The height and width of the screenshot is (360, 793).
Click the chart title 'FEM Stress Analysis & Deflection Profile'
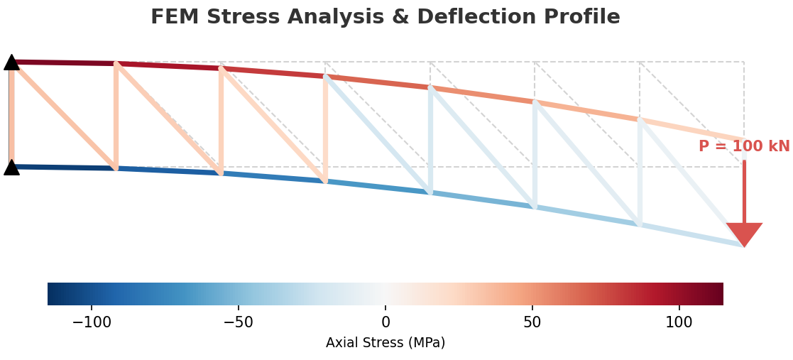coord(385,17)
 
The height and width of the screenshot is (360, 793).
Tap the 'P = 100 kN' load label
coord(743,146)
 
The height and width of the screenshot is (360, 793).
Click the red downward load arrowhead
coord(744,234)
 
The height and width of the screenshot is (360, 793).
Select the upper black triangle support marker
coord(11,62)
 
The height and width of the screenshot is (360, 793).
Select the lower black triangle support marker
coord(11,168)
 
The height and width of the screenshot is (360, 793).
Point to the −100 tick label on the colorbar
coord(92,322)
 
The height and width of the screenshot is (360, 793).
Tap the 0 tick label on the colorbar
coord(385,322)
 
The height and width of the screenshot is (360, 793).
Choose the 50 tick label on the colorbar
coord(532,322)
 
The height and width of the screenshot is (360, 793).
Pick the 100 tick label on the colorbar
coord(679,322)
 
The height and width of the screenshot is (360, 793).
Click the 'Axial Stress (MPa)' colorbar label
coord(385,343)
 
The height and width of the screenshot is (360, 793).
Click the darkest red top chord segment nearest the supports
coord(64,62)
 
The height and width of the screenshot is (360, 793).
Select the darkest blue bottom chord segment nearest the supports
coord(64,168)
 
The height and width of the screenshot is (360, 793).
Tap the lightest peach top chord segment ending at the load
coord(692,130)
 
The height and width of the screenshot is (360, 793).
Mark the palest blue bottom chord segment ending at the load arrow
coord(692,236)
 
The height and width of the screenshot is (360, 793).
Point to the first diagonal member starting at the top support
coord(64,115)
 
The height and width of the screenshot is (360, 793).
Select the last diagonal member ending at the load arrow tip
coord(692,183)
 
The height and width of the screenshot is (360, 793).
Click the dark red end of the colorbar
coord(713,294)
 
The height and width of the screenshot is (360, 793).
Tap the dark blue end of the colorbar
coord(57,294)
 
